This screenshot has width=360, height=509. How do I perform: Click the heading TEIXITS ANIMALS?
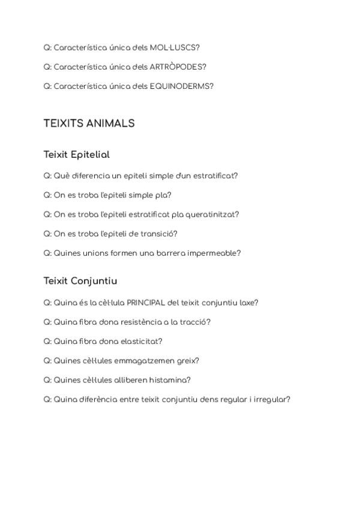[x=89, y=123]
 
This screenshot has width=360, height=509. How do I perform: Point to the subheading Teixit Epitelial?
[x=76, y=155]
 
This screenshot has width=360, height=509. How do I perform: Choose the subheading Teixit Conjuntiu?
[x=80, y=281]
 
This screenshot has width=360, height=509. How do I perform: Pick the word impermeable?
[x=214, y=253]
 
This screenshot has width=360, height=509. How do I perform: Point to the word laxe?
[x=249, y=303]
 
